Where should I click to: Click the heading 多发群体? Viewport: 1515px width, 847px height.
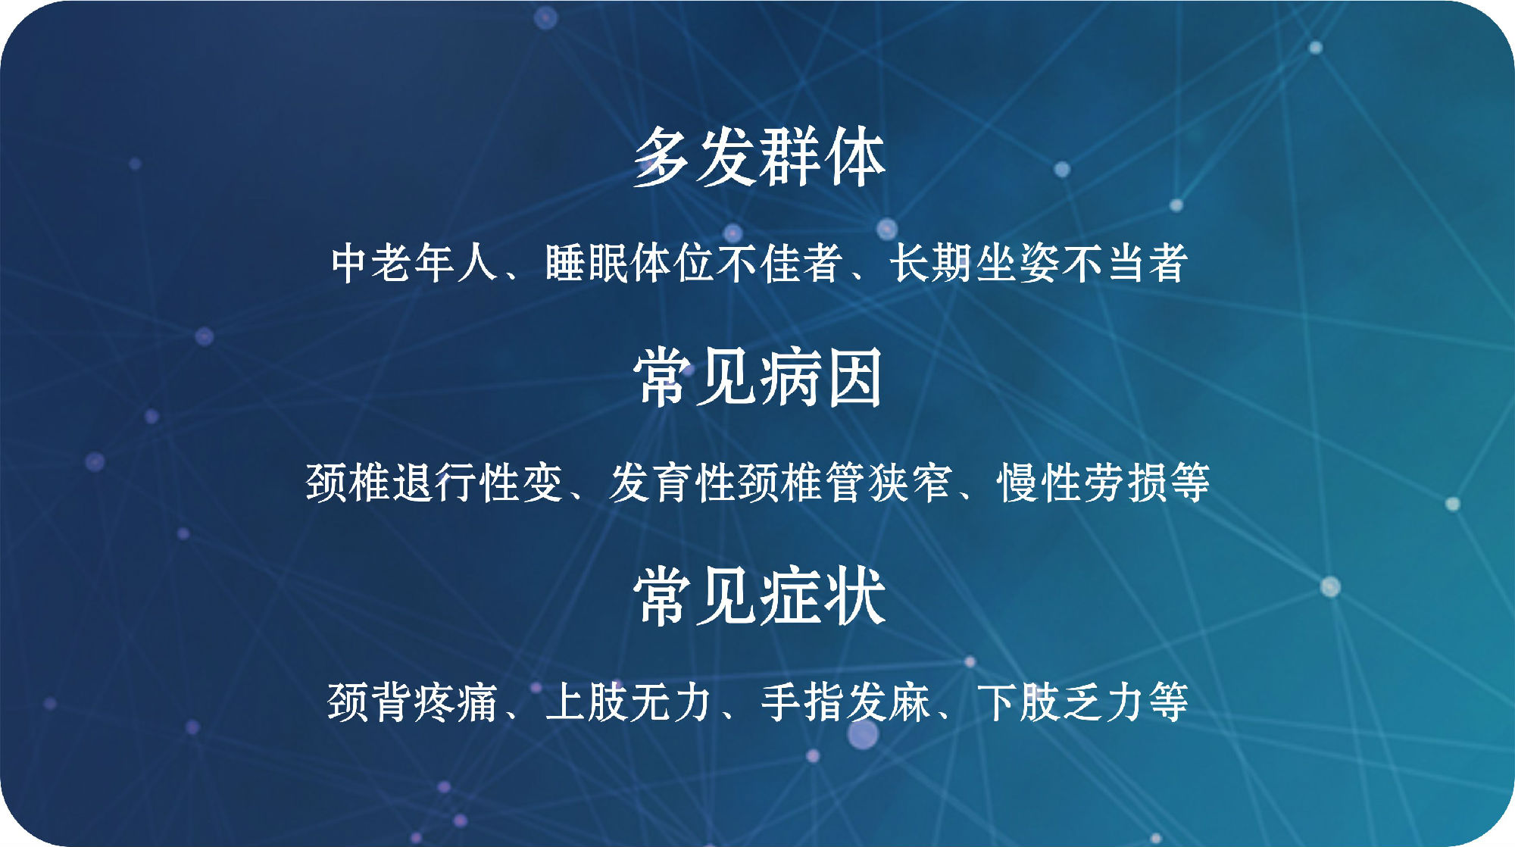coord(759,157)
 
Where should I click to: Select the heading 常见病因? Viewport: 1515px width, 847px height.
coord(759,377)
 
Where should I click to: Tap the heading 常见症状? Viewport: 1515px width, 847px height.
coord(760,596)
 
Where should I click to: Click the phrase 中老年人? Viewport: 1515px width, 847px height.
coord(414,263)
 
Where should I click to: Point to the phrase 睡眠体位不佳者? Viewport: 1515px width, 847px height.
coord(694,263)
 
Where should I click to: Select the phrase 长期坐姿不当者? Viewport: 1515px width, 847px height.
coord(1039,263)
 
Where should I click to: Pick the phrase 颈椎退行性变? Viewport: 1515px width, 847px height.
coord(434,483)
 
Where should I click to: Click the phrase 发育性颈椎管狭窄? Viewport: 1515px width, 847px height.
coord(780,483)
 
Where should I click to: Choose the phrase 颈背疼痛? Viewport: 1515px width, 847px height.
coord(412,702)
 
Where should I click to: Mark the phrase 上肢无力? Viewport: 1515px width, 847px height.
coord(628,702)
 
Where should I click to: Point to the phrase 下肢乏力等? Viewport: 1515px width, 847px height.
coord(1082,702)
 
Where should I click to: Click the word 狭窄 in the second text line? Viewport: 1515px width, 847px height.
coord(910,483)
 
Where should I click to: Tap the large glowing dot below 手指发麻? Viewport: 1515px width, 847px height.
coord(863,733)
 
